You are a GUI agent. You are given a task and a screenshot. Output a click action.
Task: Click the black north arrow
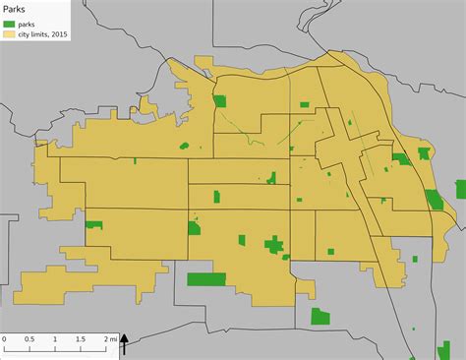pyautogui.click(x=125, y=343)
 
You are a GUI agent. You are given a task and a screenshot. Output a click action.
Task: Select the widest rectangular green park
pyautogui.click(x=206, y=279)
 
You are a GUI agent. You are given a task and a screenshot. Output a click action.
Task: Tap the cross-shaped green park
pyautogui.click(x=274, y=245)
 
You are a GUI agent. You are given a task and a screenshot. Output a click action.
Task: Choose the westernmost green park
pyautogui.click(x=94, y=224)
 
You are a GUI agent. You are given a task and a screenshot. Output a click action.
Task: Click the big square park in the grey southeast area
pyautogui.click(x=320, y=316)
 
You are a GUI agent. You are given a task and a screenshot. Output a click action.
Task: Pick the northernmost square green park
pyautogui.click(x=220, y=100)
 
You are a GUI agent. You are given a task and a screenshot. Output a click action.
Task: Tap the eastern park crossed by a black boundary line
pyautogui.click(x=435, y=200)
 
